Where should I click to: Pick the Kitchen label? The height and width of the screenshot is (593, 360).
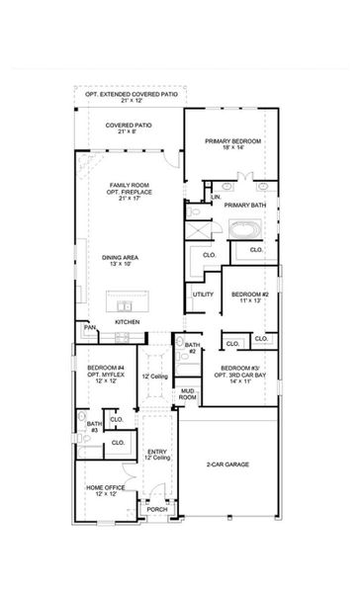coord(126,322)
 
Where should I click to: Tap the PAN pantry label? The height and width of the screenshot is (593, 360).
coord(89,327)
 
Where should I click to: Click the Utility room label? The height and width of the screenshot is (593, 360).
coord(203,294)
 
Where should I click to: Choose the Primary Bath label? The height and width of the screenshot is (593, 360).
coord(244,205)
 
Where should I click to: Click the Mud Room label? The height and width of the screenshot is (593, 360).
coord(186,395)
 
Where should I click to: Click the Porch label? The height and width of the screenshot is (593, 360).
coord(157,509)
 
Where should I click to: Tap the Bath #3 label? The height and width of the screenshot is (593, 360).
coord(92,426)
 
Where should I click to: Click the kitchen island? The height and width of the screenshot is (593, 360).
coord(127,298)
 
